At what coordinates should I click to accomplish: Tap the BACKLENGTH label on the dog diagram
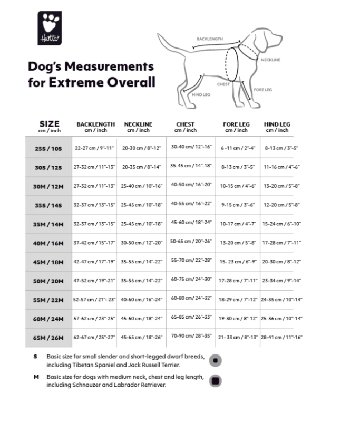tap(209, 39)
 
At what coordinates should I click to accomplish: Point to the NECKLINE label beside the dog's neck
tap(270, 60)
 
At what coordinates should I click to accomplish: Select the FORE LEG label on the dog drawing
tap(262, 90)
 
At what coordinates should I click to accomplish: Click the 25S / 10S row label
tap(48, 149)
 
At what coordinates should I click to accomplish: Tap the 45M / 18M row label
tap(48, 262)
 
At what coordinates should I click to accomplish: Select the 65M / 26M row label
tap(48, 337)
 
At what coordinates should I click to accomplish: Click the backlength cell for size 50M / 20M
tap(95, 281)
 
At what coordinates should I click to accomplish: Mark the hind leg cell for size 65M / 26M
tap(281, 337)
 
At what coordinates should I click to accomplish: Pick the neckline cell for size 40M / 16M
tap(141, 243)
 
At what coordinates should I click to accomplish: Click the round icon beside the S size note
tap(215, 361)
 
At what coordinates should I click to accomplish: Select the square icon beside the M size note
tap(215, 381)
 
